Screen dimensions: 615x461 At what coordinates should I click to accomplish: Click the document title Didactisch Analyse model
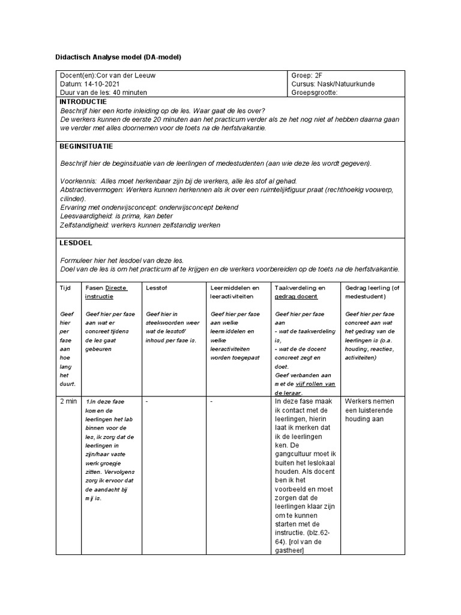pyautogui.click(x=118, y=57)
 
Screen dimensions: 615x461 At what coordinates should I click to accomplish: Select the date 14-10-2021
pyautogui.click(x=104, y=84)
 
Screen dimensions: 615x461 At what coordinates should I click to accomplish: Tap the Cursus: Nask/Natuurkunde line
pyautogui.click(x=333, y=84)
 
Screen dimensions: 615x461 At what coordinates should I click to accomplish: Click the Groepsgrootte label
pyautogui.click(x=315, y=92)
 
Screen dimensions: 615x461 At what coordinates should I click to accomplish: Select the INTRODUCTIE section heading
pyautogui.click(x=83, y=101)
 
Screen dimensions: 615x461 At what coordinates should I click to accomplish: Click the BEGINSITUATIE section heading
pyautogui.click(x=86, y=146)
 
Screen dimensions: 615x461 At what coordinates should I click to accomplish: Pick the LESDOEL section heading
pyautogui.click(x=76, y=243)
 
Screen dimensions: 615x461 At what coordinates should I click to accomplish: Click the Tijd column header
pyautogui.click(x=65, y=288)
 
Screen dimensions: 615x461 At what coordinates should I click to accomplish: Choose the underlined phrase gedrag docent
pyautogui.click(x=296, y=297)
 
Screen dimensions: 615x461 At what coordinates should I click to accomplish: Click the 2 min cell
pyautogui.click(x=68, y=401)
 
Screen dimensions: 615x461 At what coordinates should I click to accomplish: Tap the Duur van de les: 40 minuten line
pyautogui.click(x=103, y=92)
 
